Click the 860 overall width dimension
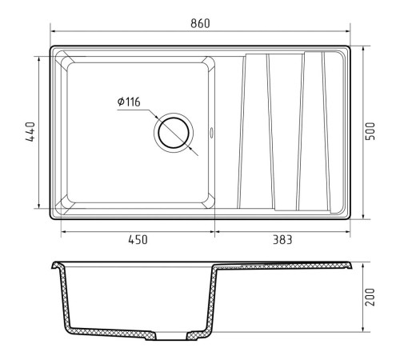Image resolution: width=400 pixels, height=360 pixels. pos(200,23)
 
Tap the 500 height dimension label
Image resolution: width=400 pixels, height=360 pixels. pos(370,131)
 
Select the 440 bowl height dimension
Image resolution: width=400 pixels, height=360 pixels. pos(30,131)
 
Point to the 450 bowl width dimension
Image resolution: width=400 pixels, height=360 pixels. pos(138,239)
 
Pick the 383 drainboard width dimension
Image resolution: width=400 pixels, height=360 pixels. pos(282,239)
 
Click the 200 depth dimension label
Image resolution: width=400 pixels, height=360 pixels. pos(370,297)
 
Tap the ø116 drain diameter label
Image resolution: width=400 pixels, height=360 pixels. pos(129,102)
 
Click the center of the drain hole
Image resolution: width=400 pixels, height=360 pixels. pos(174,133)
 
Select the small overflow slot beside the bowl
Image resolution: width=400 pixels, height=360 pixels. pos(211,133)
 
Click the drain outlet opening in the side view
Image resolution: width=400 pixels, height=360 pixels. pos(170,336)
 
